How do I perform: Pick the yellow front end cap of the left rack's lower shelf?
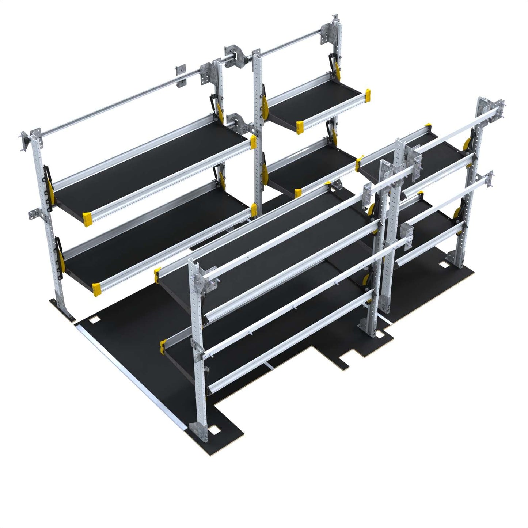[96, 289]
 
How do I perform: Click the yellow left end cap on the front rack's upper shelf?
[157, 275]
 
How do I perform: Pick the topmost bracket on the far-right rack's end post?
[490, 110]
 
